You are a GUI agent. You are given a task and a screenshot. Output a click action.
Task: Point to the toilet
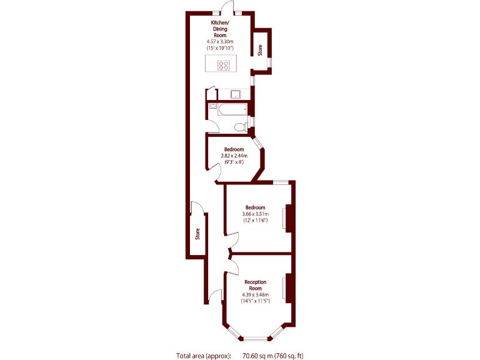[x=238, y=127]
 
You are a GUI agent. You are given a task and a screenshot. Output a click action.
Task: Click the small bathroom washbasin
[x=214, y=106]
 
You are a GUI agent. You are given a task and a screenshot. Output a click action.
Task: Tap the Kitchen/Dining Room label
[x=219, y=29]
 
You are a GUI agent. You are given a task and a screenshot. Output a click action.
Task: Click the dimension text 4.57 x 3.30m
[x=219, y=42]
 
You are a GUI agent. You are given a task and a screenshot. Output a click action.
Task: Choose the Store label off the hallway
[x=197, y=234]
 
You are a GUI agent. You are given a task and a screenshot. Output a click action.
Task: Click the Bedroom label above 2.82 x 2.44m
[x=234, y=149]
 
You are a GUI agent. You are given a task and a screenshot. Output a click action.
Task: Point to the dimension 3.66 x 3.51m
[x=255, y=214]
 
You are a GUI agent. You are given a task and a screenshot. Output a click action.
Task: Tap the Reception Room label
[x=255, y=285]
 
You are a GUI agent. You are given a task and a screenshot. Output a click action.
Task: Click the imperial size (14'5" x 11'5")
[x=255, y=301]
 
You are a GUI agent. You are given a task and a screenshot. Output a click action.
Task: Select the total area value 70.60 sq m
[x=258, y=356]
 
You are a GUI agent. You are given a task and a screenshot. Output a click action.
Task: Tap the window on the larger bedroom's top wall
[x=279, y=182]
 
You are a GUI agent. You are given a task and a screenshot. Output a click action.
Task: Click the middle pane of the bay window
[x=255, y=339]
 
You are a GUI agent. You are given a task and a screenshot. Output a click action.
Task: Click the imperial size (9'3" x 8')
[x=234, y=162]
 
